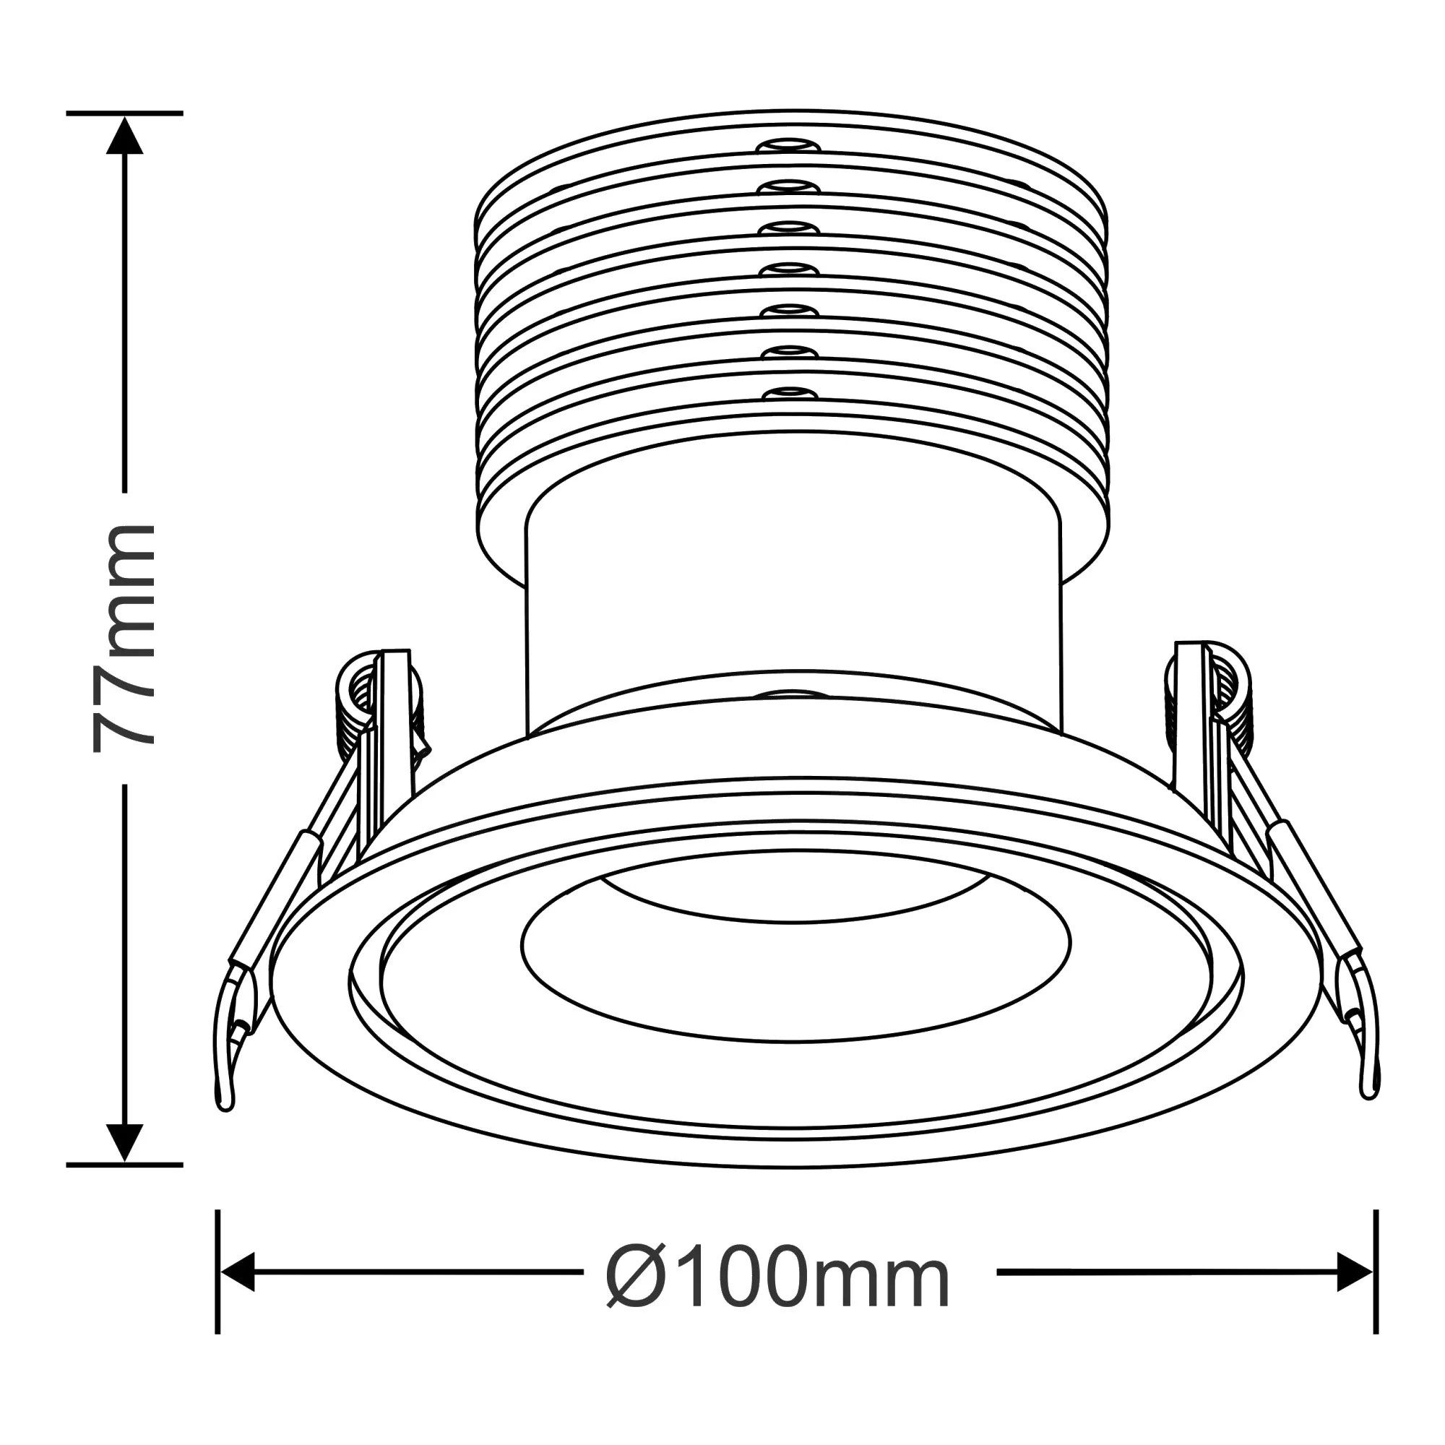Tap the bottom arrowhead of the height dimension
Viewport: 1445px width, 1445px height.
125,1143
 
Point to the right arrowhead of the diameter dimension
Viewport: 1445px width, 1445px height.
1354,1272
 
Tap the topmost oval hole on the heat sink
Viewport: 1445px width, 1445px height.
784,145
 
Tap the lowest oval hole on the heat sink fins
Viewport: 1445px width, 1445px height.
790,392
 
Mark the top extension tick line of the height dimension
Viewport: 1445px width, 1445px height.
125,113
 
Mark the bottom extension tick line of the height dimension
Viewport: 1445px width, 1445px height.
125,1165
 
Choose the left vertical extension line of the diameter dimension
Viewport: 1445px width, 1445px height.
217,1272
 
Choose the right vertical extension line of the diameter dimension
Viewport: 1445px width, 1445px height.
1376,1272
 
